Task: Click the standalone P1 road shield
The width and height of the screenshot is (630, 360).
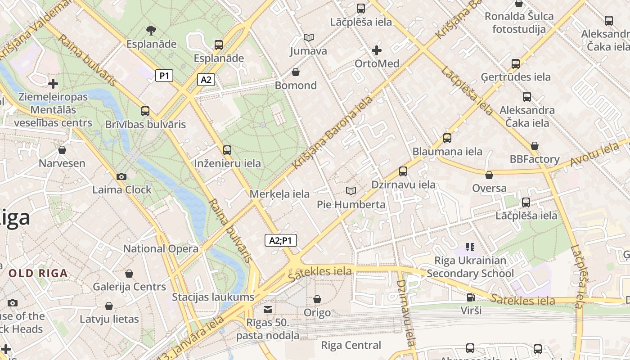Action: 164,76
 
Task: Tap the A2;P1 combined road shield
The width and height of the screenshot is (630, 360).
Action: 280,241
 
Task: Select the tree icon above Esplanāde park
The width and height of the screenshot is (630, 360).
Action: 151,31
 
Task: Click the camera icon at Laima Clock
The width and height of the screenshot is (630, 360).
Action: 121,176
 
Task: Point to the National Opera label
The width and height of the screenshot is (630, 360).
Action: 161,248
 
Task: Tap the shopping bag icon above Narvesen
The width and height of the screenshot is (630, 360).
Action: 62,150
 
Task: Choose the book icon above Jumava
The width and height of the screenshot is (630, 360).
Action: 308,37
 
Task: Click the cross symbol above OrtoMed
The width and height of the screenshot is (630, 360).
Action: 377,50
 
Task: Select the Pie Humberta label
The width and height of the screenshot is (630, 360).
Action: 351,205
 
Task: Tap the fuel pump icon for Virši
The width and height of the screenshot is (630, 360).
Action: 471,297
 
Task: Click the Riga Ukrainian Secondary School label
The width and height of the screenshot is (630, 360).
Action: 470,267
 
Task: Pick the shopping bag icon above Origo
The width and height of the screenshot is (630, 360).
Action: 317,299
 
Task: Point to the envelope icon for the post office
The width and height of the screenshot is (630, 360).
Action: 268,309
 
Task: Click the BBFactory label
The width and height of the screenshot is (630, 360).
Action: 535,159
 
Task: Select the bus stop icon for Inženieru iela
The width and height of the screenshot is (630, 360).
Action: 227,150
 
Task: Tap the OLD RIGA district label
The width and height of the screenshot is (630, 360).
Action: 38,273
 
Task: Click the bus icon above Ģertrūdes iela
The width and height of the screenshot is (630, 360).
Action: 516,64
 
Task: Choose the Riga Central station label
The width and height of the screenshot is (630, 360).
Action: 351,346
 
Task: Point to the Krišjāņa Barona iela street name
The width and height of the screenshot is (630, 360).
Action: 333,133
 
